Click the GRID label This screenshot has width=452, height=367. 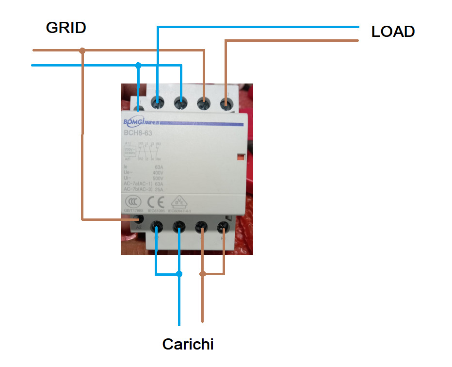pos(66,28)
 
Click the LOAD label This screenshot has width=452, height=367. pos(393,32)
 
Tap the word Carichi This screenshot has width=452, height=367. pos(188,345)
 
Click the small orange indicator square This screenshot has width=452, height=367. pos(240,157)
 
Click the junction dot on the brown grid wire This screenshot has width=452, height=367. pos(82,50)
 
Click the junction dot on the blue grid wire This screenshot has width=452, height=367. pos(138,65)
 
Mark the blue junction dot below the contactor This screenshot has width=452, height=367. pos(179,274)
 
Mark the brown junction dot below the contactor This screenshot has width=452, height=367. pos(203,274)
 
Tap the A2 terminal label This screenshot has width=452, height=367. pos(139,227)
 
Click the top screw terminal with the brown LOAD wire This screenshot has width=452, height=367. pos(226,103)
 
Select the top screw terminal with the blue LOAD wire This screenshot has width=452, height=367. pos(158,102)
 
